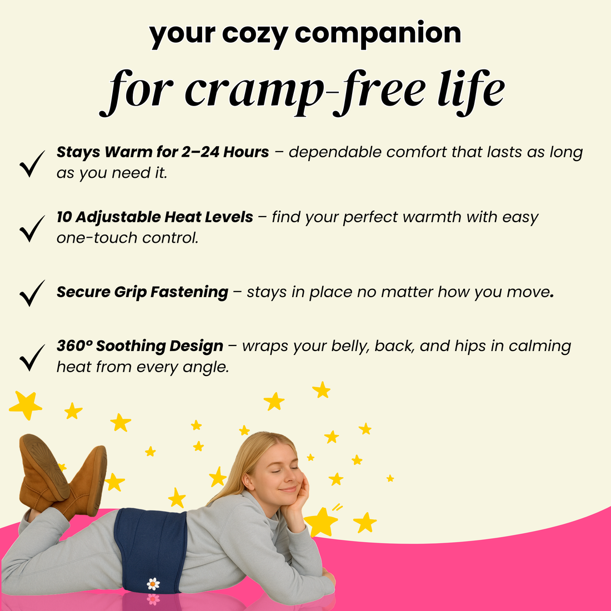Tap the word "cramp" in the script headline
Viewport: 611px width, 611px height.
[254, 92]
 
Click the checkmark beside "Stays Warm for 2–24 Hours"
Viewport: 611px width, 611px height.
[32, 164]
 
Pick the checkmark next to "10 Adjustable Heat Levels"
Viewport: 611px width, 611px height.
[32, 229]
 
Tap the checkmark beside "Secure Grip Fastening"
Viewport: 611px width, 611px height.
[32, 293]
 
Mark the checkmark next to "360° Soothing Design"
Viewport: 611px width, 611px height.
[32, 358]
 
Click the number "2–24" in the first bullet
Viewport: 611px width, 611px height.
[201, 152]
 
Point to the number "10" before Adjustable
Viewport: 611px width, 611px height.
[64, 217]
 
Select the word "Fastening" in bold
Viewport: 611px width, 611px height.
[189, 293]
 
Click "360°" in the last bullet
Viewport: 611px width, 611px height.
[74, 345]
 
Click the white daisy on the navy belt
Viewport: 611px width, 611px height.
[153, 584]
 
